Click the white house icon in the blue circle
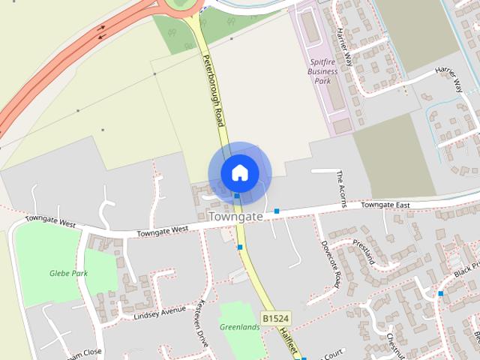[x=239, y=172]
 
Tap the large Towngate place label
[x=236, y=216]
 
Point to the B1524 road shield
[x=275, y=319]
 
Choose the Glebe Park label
[x=69, y=274]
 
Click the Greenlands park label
[x=239, y=327]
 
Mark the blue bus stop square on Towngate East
[x=277, y=211]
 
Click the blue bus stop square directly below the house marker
[x=237, y=196]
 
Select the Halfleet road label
[x=288, y=337]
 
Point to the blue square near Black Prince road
[x=440, y=293]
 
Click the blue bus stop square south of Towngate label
[x=240, y=247]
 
